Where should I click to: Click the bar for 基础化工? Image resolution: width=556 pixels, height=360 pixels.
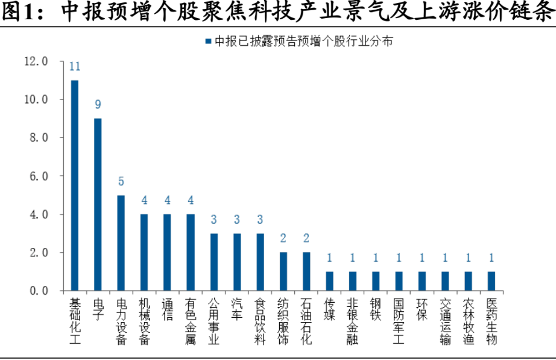click(75, 186)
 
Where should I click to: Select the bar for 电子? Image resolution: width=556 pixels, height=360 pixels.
click(98, 204)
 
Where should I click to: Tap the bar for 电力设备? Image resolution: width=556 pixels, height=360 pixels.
click(121, 243)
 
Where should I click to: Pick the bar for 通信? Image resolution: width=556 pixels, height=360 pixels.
click(168, 253)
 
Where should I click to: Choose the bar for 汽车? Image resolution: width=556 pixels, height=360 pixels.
click(237, 262)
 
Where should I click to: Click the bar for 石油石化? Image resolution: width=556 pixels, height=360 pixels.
click(306, 272)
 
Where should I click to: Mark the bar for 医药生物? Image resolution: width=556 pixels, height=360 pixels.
click(491, 281)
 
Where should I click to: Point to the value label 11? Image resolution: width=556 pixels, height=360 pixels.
click(75, 66)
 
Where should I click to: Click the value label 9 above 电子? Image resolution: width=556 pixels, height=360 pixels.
click(98, 104)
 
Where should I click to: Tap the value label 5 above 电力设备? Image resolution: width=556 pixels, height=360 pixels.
click(121, 182)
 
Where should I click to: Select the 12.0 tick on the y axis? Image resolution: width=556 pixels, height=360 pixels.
click(36, 62)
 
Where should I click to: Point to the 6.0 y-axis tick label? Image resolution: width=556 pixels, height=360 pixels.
click(39, 176)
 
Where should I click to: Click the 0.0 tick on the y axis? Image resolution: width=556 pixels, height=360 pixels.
click(39, 291)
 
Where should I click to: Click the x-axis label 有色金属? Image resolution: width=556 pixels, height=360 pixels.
click(191, 321)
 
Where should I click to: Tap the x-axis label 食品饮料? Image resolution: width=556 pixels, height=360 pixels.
click(260, 321)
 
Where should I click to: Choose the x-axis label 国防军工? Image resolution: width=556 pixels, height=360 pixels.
click(399, 321)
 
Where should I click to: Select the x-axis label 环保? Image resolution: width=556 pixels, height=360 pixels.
click(422, 309)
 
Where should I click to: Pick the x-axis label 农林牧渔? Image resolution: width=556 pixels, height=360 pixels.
click(469, 321)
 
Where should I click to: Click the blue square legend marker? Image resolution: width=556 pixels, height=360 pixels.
click(209, 42)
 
